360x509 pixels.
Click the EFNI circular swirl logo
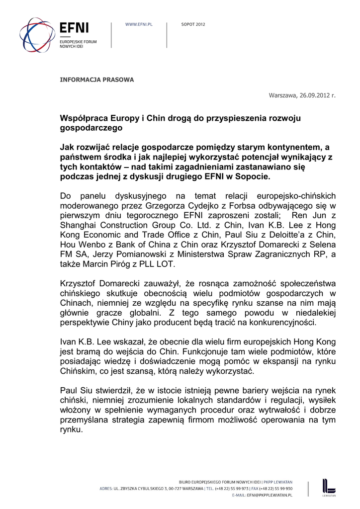coord(37,35)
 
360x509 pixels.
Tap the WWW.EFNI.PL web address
coord(138,24)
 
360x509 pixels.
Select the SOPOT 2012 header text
coord(193,24)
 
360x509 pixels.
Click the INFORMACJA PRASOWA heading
coord(96,80)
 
